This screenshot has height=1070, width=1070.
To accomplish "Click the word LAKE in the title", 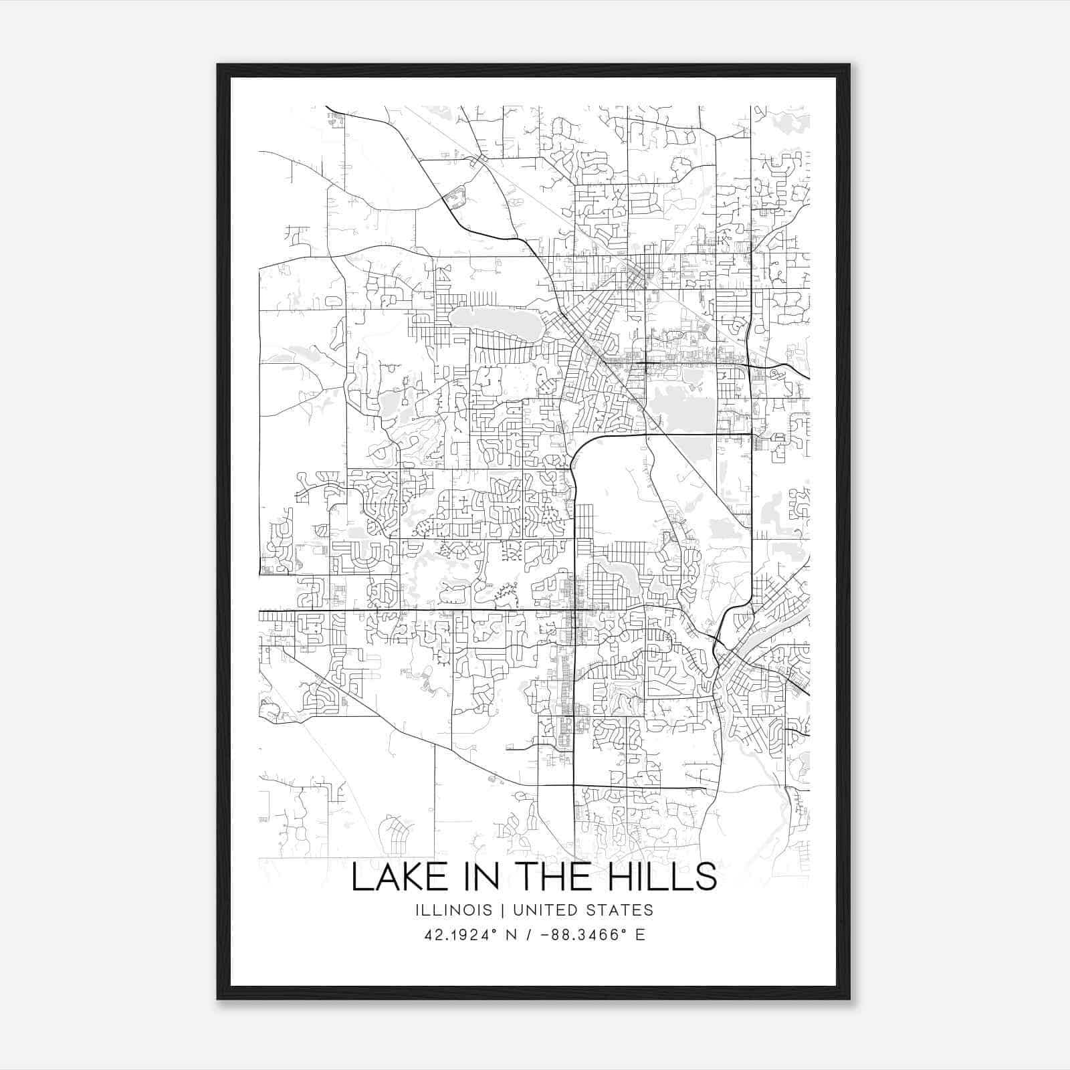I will pos(394,877).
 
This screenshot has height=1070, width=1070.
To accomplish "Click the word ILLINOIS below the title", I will pos(453,910).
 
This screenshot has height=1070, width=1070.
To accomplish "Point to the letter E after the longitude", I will pos(640,935).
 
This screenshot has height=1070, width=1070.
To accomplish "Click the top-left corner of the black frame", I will pos(218,66).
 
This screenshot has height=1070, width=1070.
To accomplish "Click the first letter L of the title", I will pos(359,877).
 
